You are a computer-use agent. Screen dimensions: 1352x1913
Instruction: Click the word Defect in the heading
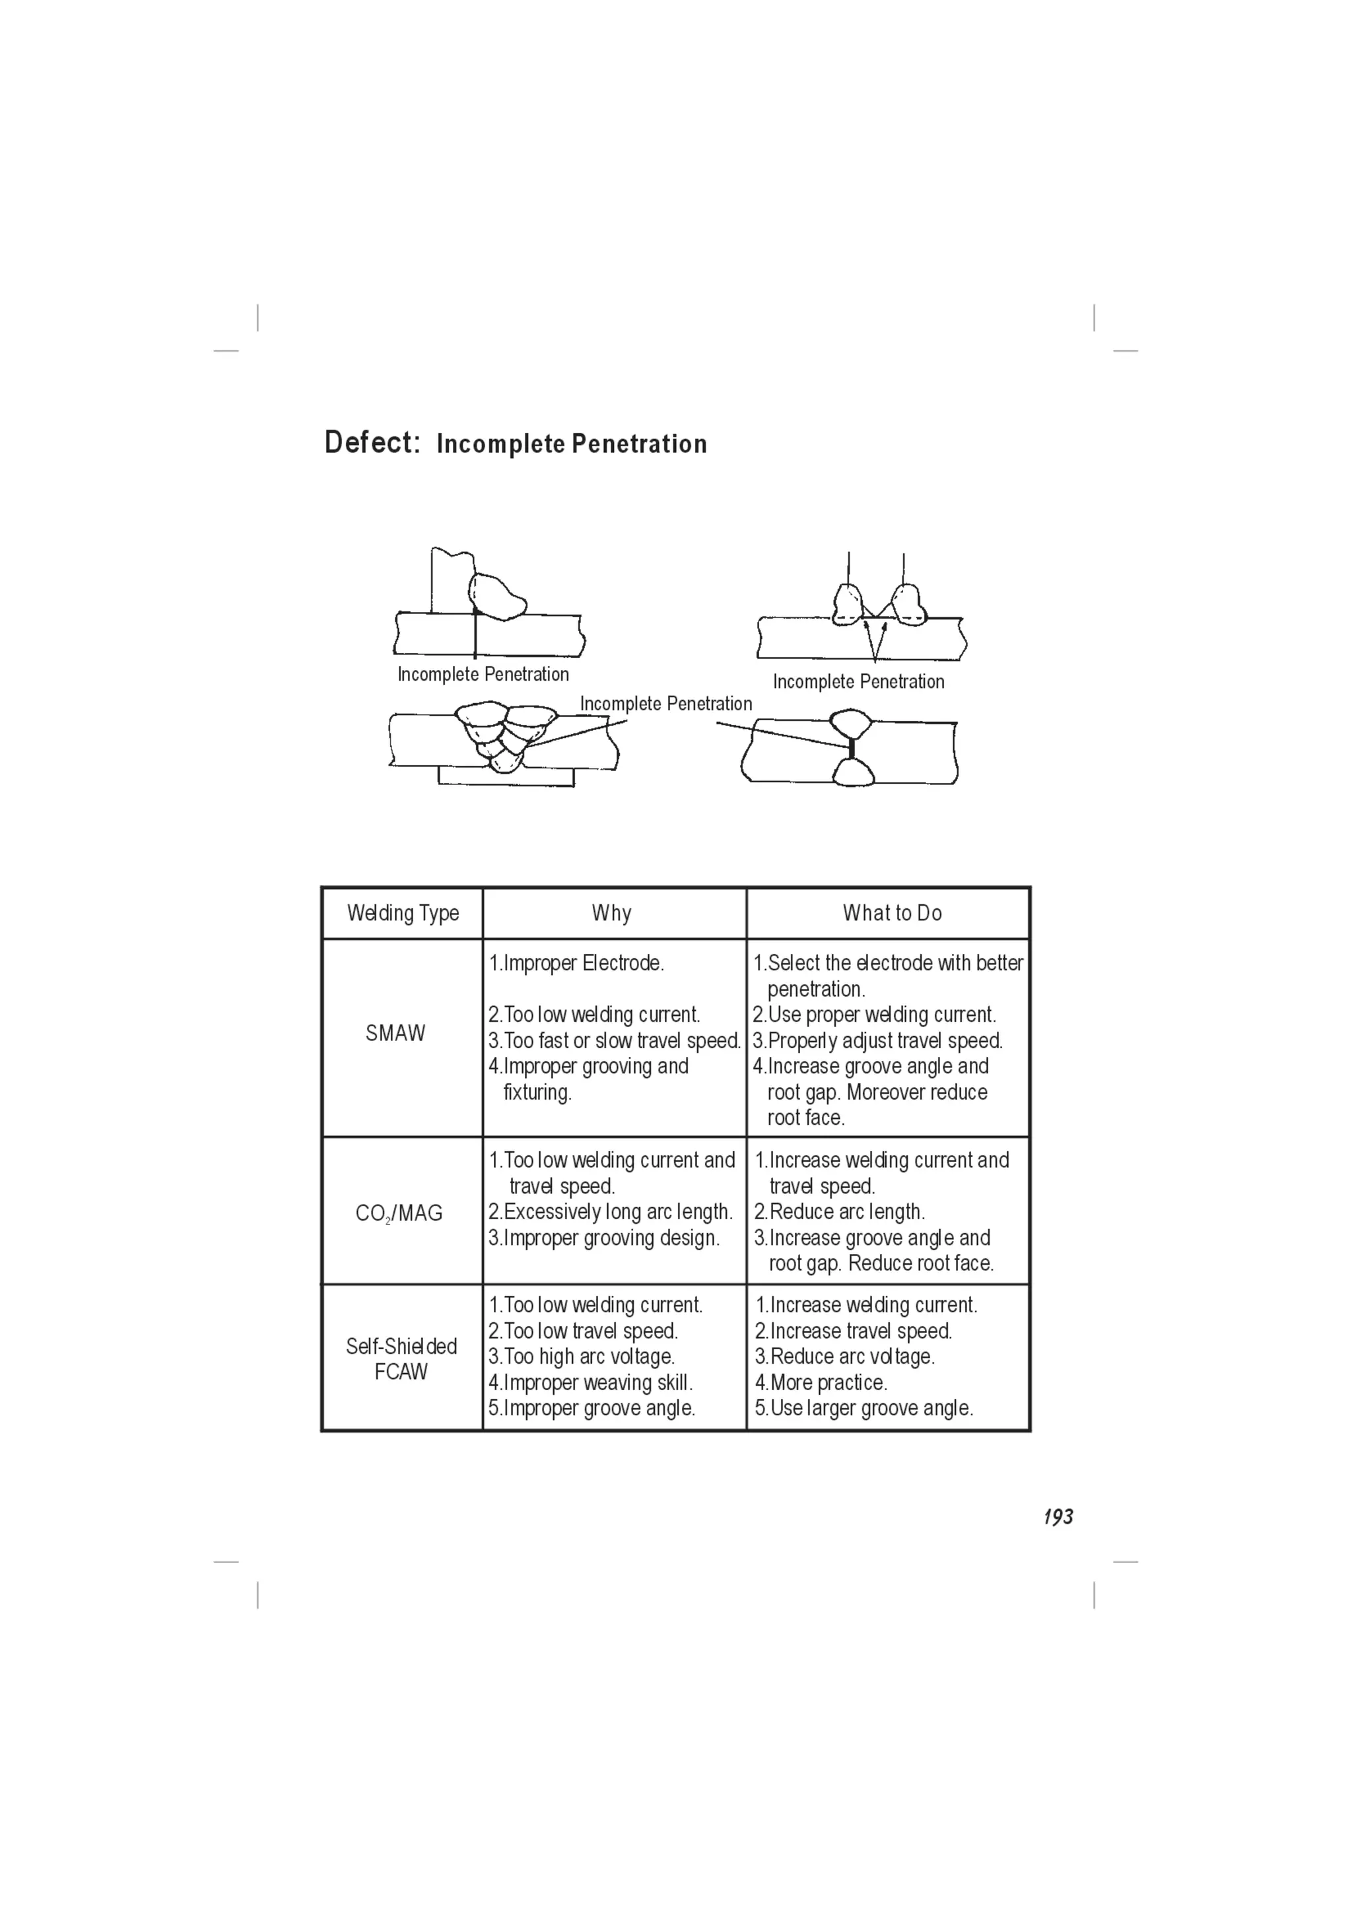(x=372, y=442)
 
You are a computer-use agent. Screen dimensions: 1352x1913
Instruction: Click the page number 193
(x=1058, y=1517)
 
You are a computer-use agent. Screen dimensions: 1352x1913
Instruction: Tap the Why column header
(x=611, y=913)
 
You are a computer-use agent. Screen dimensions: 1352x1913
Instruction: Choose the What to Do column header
(x=892, y=913)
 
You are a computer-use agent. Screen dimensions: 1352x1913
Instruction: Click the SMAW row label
(x=395, y=1033)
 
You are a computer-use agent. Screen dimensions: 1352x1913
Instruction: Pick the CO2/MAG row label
(x=399, y=1213)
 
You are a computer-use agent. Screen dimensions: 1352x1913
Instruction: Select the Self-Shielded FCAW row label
(x=401, y=1359)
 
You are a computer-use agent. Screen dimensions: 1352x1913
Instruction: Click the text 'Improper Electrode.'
(x=576, y=963)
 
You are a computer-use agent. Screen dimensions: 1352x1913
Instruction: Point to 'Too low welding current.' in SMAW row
(x=594, y=1015)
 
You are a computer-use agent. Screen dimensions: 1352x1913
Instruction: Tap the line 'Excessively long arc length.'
(x=611, y=1211)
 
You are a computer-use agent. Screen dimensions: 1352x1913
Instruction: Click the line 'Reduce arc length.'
(x=840, y=1211)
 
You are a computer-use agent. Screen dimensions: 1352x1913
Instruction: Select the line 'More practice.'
(x=821, y=1382)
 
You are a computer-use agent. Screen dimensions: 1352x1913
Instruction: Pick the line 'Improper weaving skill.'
(x=591, y=1382)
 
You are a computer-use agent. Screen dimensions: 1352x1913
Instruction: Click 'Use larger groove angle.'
(x=864, y=1408)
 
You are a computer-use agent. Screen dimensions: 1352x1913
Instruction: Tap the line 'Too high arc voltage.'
(x=582, y=1357)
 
